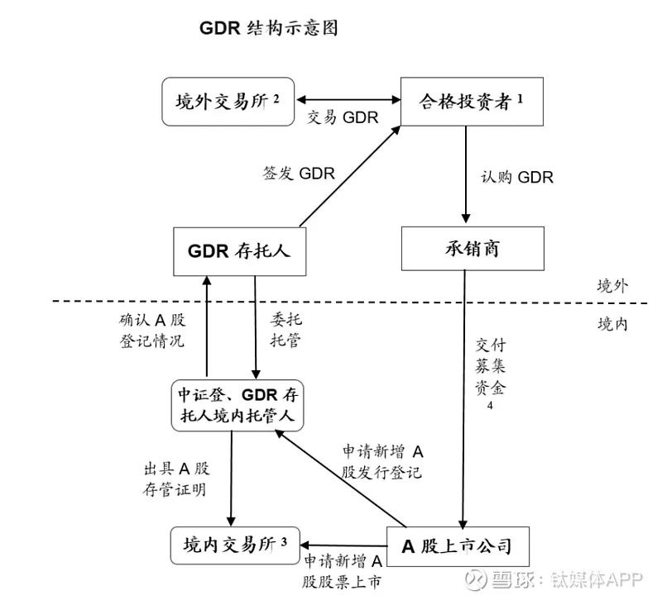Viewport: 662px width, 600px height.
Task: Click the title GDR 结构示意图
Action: tap(268, 28)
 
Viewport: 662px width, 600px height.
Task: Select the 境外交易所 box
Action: tap(228, 102)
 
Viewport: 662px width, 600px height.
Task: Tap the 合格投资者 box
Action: tap(472, 102)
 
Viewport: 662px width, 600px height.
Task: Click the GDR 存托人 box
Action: tap(240, 251)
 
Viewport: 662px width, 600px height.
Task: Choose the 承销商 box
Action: tap(473, 249)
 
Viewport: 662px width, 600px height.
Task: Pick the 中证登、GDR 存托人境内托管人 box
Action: tap(237, 406)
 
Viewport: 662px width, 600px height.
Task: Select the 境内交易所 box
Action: tap(235, 545)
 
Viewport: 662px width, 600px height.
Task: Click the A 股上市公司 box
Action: tap(458, 546)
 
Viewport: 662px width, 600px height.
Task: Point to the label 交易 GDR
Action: tap(343, 117)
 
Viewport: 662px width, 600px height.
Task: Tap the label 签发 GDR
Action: tap(299, 174)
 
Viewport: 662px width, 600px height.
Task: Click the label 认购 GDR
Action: tap(517, 177)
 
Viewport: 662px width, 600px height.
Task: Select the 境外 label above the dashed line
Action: tap(612, 286)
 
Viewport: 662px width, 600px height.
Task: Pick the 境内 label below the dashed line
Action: tap(612, 324)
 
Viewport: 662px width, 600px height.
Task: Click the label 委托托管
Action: tap(286, 330)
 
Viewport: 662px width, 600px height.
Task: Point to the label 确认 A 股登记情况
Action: tap(152, 331)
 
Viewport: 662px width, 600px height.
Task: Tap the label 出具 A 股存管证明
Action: tap(176, 479)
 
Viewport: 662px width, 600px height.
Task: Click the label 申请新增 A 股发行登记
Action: tap(382, 462)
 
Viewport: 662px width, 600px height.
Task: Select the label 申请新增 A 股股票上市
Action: tap(343, 572)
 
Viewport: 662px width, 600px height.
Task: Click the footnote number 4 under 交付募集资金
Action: tap(490, 406)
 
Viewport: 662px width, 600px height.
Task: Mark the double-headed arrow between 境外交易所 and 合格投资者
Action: tap(348, 100)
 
